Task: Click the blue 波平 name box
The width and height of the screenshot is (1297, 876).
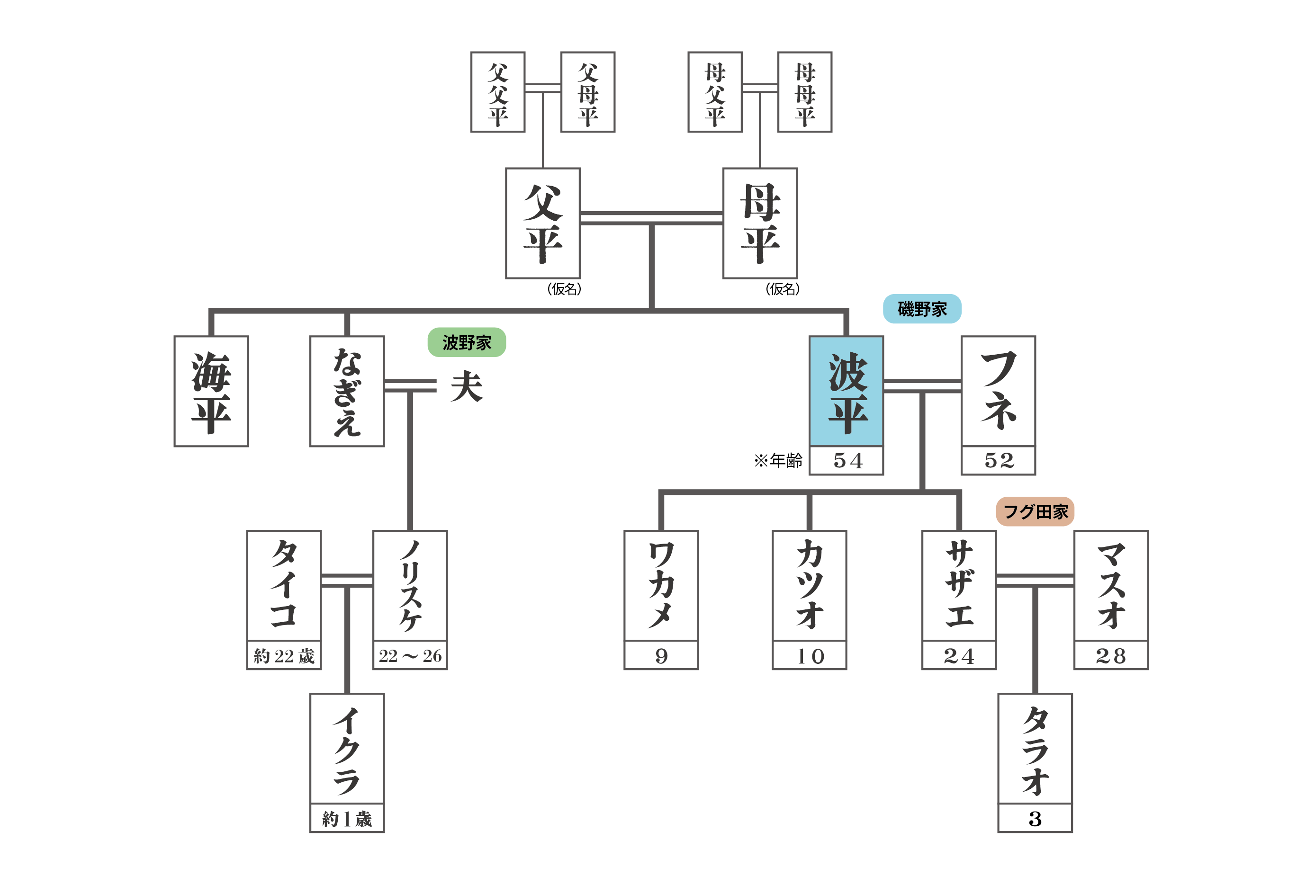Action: point(846,391)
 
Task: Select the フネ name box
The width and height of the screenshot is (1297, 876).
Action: point(998,391)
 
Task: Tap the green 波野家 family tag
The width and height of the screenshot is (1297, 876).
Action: point(467,342)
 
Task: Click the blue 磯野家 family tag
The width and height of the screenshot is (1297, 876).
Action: point(922,309)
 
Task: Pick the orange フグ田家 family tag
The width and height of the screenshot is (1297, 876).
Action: point(1035,511)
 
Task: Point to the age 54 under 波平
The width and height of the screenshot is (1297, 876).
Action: point(846,461)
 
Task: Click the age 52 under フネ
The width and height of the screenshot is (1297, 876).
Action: point(998,461)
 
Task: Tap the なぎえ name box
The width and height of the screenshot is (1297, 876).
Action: point(347,391)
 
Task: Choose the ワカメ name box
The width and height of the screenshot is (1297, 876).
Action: point(661,585)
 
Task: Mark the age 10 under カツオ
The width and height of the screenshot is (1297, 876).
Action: point(809,656)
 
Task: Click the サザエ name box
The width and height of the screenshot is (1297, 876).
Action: point(959,585)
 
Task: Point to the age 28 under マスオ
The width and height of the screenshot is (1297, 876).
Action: point(1111,656)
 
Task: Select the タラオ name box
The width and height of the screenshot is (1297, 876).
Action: point(1035,748)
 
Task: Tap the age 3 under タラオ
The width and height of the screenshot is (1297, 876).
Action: point(1035,819)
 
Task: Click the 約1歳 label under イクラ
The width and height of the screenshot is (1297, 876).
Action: point(347,819)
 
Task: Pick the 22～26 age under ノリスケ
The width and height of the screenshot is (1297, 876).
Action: point(410,656)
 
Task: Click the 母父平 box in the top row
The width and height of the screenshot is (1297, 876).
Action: point(715,92)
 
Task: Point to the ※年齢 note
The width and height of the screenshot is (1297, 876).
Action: point(778,460)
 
